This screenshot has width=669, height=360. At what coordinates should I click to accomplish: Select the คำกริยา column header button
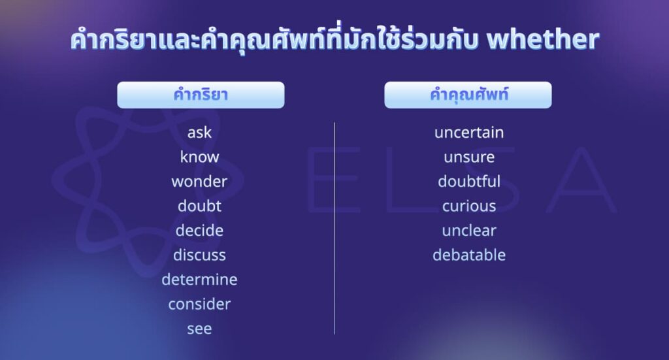coord(201,95)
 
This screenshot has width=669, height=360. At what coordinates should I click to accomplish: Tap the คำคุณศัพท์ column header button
coord(468,95)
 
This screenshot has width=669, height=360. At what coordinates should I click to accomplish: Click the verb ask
coord(199,133)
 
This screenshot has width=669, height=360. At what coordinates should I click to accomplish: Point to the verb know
coord(199,157)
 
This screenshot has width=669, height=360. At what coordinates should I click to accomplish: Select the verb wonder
coord(199,182)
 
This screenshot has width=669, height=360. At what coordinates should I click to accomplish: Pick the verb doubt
coord(199,206)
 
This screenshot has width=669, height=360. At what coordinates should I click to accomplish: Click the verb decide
coord(199,231)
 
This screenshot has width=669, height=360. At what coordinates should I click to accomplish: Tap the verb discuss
coord(199,255)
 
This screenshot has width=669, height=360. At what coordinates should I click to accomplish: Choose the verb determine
coord(199,280)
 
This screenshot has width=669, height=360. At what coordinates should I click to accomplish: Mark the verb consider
coord(199,304)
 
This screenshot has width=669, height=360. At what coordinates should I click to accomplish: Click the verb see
coord(199,329)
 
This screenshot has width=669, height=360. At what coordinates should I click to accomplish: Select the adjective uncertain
coord(469,133)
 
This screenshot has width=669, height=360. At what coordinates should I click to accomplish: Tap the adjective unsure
coord(469,157)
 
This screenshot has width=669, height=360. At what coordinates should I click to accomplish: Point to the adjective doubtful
coord(469,182)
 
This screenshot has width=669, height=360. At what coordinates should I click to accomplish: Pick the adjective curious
coord(469,206)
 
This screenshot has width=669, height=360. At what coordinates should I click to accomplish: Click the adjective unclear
coord(469,231)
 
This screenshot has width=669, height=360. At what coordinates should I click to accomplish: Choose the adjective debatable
coord(469,255)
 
